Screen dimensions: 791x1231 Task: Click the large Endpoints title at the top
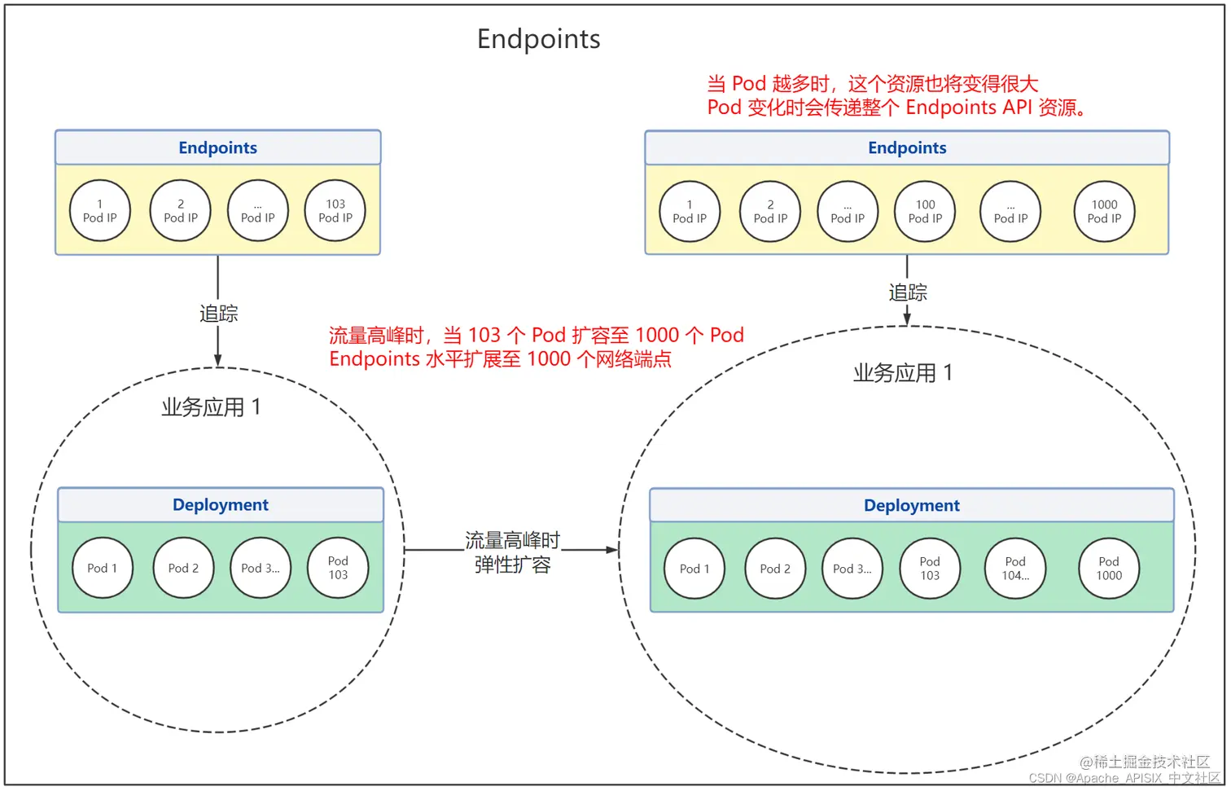538,39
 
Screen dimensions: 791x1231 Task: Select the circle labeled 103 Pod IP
335,211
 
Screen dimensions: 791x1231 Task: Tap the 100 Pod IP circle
925,212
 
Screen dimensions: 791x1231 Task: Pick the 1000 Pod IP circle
1104,212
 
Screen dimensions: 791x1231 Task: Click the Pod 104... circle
1015,569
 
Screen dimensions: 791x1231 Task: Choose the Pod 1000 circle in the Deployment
1108,569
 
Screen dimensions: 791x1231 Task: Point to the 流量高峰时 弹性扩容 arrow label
512,552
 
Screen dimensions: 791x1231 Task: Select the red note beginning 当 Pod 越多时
872,84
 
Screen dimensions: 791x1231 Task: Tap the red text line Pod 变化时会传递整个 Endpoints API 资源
897,108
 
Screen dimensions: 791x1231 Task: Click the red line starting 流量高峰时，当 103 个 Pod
536,335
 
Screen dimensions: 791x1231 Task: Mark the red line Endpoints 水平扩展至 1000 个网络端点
500,359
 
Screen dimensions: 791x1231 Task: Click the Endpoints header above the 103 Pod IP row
217,147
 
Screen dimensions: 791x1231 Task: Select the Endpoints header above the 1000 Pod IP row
907,147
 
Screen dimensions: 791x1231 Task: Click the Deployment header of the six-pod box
911,505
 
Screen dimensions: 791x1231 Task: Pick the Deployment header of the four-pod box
220,504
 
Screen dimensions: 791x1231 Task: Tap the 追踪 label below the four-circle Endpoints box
218,314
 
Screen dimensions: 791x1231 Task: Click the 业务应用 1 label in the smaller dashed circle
211,407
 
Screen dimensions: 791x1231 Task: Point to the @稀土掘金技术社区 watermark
1144,762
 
